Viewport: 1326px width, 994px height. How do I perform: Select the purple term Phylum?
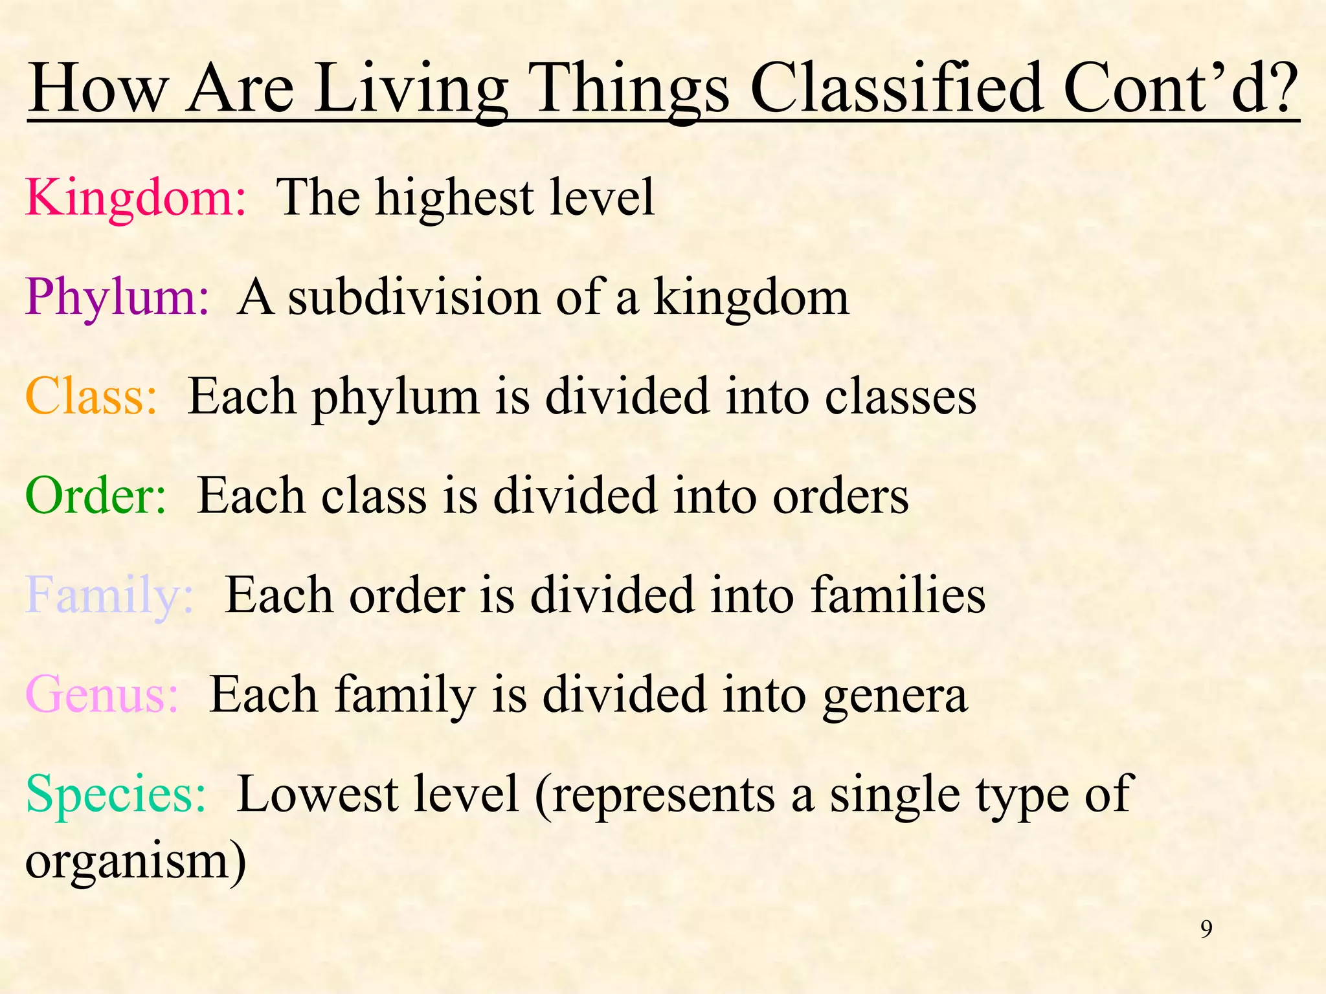click(x=117, y=298)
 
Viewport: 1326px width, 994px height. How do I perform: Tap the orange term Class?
click(x=91, y=397)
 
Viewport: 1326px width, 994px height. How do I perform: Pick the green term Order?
click(x=96, y=496)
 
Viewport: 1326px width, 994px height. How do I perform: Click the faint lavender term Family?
click(x=109, y=595)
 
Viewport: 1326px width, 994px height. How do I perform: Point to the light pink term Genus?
click(x=102, y=695)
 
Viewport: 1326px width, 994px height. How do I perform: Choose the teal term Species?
click(x=116, y=795)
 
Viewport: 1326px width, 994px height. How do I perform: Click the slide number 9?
click(x=1206, y=929)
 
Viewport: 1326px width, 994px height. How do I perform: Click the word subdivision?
click(x=414, y=298)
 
